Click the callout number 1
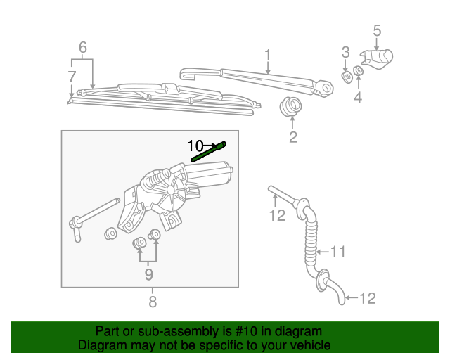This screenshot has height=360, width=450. pyautogui.click(x=268, y=54)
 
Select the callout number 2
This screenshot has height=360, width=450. pyautogui.click(x=293, y=137)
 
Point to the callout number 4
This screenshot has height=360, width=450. pyautogui.click(x=358, y=98)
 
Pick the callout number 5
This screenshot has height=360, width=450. pyautogui.click(x=377, y=30)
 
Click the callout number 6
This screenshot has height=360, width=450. pyautogui.click(x=83, y=48)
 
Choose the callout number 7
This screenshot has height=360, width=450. pyautogui.click(x=72, y=75)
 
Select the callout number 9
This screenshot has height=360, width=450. pyautogui.click(x=148, y=274)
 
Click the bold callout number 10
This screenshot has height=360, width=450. pyautogui.click(x=195, y=146)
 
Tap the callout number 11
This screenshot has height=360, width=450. pyautogui.click(x=339, y=251)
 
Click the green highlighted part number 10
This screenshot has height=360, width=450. pyautogui.click(x=210, y=150)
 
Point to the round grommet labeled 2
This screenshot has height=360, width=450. pyautogui.click(x=289, y=108)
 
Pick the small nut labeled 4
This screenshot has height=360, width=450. pyautogui.click(x=358, y=71)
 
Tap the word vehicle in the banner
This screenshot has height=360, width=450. pyautogui.click(x=308, y=345)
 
